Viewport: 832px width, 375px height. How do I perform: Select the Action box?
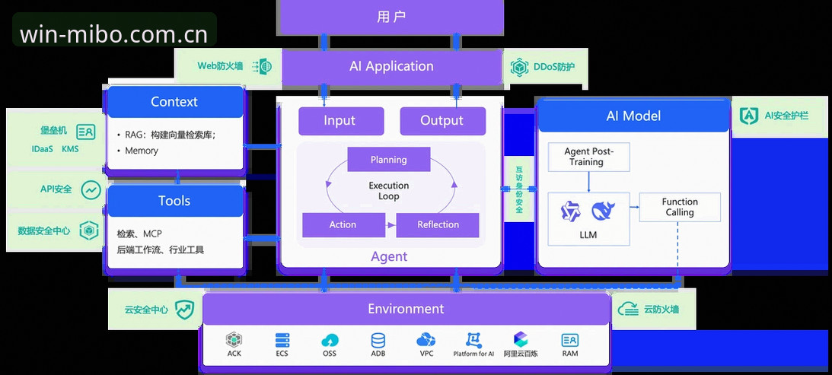coord(343,225)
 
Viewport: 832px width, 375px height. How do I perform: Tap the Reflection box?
coord(438,225)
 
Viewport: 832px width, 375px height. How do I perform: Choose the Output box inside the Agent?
coord(442,121)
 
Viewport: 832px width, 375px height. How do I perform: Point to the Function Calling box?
coord(680,207)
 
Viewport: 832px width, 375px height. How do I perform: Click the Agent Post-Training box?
coord(588,157)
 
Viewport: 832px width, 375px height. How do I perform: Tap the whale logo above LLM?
coord(603,211)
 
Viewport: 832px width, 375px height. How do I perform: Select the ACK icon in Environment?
coord(234,340)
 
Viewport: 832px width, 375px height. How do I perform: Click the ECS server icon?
coord(282,340)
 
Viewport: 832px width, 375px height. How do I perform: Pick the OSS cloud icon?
coord(330,341)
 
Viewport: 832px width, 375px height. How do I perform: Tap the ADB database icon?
coord(378,340)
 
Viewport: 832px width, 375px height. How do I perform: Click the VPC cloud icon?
coord(426,340)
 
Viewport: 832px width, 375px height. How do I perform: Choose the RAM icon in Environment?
coord(570,340)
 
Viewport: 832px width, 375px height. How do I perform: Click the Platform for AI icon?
coord(473,340)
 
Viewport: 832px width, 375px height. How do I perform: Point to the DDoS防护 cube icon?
coord(519,68)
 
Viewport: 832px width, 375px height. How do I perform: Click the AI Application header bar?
coord(391,66)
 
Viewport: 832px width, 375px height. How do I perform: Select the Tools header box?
coord(174,201)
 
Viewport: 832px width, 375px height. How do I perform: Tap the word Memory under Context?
coord(142,151)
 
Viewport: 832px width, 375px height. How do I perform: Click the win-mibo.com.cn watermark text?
coord(113,35)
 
